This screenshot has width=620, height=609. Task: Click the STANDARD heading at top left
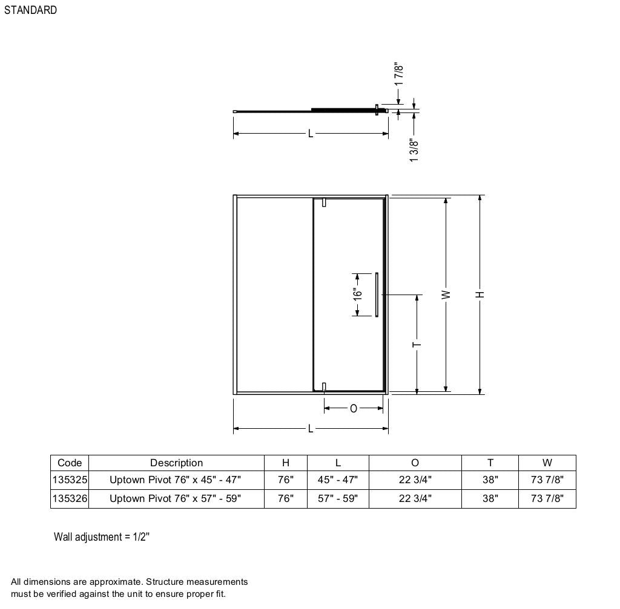pos(30,10)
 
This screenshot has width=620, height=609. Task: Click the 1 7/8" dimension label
pos(398,75)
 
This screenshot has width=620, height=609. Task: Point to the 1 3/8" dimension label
pos(414,151)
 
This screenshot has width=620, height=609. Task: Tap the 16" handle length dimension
pos(358,294)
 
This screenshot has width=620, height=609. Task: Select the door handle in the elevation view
pos(377,295)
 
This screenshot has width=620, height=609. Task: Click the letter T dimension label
pos(417,345)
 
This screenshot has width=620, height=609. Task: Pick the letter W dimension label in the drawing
pos(446,295)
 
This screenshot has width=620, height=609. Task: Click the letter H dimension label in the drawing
pos(480,295)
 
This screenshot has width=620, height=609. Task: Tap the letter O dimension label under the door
pos(354,409)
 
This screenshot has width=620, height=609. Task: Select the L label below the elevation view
pos(311,429)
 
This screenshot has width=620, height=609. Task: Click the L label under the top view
pos(311,133)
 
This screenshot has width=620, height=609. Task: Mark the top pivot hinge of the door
pos(325,203)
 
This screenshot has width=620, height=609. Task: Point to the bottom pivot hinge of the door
pos(325,388)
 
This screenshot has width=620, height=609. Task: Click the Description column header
pos(176,463)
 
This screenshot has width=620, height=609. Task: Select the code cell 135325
pos(70,480)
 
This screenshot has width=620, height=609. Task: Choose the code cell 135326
pos(70,499)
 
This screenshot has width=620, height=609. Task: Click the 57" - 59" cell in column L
pos(338,499)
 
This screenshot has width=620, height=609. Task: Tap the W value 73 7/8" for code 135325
pos(547,480)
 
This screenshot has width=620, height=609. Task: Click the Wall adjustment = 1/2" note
pos(102,537)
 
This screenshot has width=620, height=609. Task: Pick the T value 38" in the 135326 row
pos(490,499)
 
